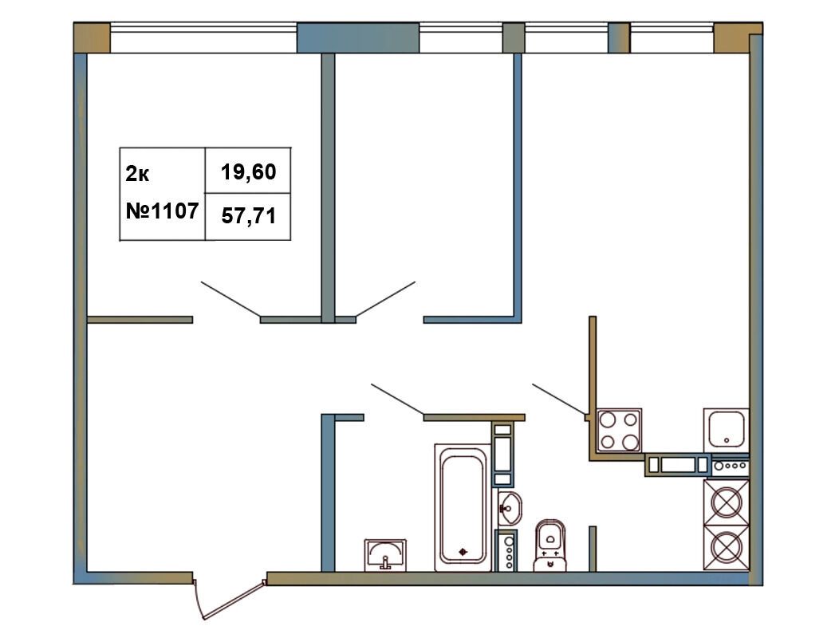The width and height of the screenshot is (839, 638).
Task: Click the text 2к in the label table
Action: pyautogui.click(x=137, y=174)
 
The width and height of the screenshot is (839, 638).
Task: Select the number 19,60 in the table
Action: pyautogui.click(x=248, y=171)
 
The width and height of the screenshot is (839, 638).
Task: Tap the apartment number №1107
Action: pyautogui.click(x=162, y=211)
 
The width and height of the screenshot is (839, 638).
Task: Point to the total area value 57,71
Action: pyautogui.click(x=248, y=215)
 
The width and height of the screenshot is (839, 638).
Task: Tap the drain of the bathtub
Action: pyautogui.click(x=463, y=552)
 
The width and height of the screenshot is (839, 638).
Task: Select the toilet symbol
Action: pyautogui.click(x=550, y=545)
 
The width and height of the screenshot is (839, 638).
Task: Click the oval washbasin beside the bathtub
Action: pyautogui.click(x=510, y=508)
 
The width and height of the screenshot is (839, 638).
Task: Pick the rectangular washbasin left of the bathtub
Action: pyautogui.click(x=385, y=555)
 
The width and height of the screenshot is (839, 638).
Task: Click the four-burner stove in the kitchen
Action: pyautogui.click(x=619, y=431)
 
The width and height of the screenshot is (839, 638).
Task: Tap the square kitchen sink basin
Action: pyautogui.click(x=726, y=429)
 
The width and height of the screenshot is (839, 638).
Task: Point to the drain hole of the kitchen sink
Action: pyautogui.click(x=727, y=441)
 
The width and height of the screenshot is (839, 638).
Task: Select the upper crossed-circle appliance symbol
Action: pyautogui.click(x=726, y=502)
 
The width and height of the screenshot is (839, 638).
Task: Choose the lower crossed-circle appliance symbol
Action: pyautogui.click(x=726, y=548)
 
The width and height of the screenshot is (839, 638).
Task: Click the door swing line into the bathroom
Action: pyautogui.click(x=397, y=400)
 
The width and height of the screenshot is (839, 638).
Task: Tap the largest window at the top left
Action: pyautogui.click(x=203, y=37)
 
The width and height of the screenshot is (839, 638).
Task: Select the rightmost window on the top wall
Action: pyautogui.click(x=672, y=37)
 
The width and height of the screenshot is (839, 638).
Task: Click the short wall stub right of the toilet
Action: pyautogui.click(x=593, y=549)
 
